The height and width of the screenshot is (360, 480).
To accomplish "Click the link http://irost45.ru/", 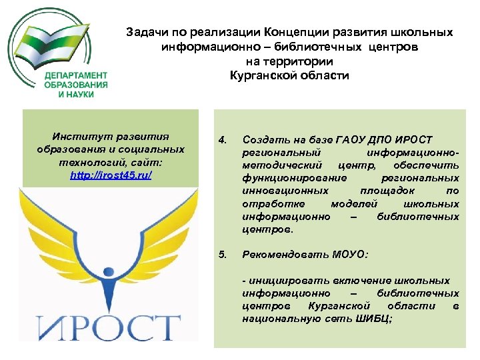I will tap(111, 175).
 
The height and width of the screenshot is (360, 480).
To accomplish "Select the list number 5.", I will tap(223, 254).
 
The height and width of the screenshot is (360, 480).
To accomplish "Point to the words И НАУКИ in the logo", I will tap(75, 94).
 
